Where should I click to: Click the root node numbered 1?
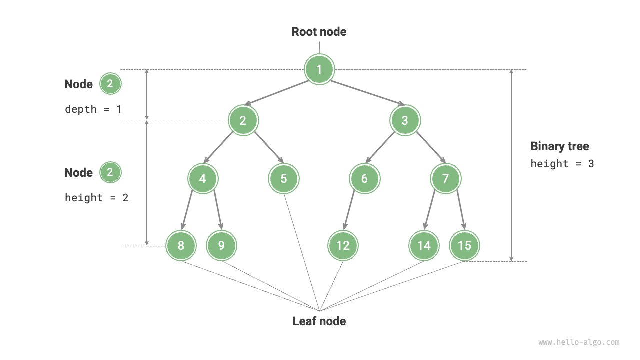[x=319, y=69]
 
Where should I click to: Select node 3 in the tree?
[x=405, y=120]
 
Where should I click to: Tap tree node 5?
[x=283, y=178]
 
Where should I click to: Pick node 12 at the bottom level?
[x=343, y=245]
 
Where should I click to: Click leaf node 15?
[x=464, y=245]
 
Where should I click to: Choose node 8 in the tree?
[x=181, y=245]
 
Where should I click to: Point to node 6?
[x=364, y=178]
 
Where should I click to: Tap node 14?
[x=424, y=245]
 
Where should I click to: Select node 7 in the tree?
[x=445, y=178]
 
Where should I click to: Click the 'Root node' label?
[x=319, y=32]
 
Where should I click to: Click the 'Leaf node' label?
[x=319, y=321]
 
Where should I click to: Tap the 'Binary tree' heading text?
[x=559, y=146]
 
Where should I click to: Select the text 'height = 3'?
[x=562, y=164]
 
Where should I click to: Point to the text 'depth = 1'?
[x=93, y=109]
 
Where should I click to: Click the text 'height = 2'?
[x=96, y=198]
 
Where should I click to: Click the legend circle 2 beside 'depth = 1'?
[x=110, y=84]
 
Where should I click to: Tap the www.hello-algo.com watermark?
[x=579, y=342]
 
